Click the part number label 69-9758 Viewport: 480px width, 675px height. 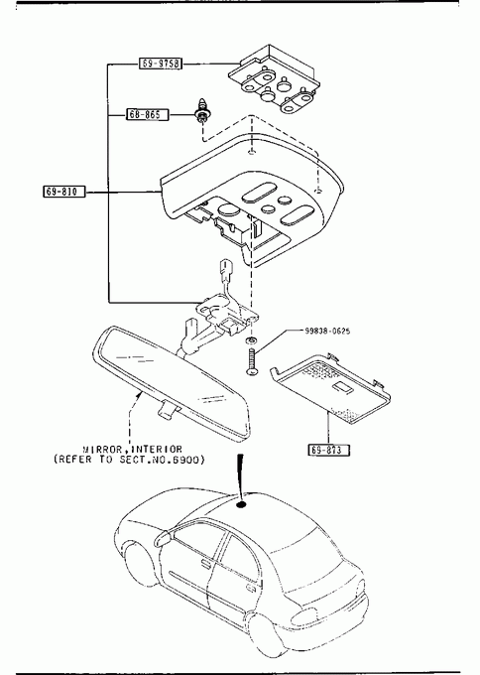161,64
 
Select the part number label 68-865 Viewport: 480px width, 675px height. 147,114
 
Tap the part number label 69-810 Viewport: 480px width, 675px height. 64,192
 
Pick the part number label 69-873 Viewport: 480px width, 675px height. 328,450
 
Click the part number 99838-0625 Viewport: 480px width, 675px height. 327,331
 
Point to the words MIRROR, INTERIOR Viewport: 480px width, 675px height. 133,450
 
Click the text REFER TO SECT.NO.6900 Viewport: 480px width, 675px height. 129,460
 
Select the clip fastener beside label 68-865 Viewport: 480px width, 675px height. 201,111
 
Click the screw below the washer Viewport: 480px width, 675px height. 251,361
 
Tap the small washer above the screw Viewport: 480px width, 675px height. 251,341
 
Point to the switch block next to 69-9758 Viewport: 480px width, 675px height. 275,79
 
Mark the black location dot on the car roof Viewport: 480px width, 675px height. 241,504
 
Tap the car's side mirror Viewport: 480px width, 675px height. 164,538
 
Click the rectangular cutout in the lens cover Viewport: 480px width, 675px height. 343,387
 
